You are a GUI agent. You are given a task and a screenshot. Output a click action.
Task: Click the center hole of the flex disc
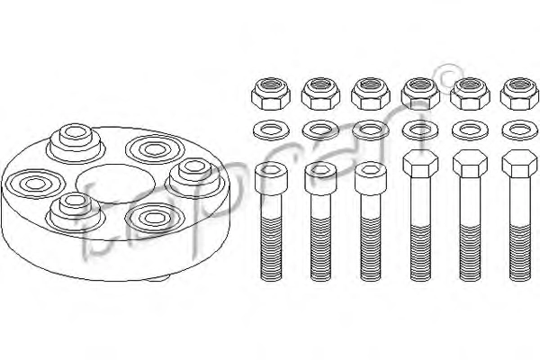pyautogui.click(x=115, y=184)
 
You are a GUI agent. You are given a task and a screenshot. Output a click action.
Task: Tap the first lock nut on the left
pyautogui.click(x=271, y=93)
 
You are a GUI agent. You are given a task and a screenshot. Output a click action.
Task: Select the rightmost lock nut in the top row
pyautogui.click(x=519, y=94)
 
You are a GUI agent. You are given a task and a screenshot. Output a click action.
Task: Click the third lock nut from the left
pyautogui.click(x=371, y=94)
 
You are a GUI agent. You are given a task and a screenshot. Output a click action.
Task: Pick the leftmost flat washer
pyautogui.click(x=271, y=130)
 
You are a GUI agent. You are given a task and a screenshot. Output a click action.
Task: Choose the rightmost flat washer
pyautogui.click(x=520, y=130)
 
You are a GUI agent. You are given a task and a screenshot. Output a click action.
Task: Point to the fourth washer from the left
pyautogui.click(x=420, y=130)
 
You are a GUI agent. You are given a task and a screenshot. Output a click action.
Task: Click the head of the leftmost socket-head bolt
pyautogui.click(x=271, y=178)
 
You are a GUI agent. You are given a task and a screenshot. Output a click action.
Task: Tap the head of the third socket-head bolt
pyautogui.click(x=371, y=178)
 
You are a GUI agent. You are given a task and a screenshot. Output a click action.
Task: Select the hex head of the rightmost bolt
pyautogui.click(x=520, y=164)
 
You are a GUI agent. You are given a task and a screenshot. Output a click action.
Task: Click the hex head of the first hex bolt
pyautogui.click(x=420, y=164)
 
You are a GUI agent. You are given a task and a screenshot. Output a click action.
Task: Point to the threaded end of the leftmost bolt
pyautogui.click(x=271, y=249)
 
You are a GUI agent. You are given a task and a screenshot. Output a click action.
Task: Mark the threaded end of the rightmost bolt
pyautogui.click(x=520, y=253)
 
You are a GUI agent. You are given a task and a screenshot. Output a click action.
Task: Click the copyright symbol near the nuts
pyautogui.click(x=450, y=78)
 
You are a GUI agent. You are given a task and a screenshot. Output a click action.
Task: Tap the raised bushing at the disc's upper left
pyautogui.click(x=76, y=143)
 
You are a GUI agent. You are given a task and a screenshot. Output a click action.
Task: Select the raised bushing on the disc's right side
pyautogui.click(x=195, y=177)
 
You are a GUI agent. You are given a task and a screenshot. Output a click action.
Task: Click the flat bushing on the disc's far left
pyautogui.click(x=35, y=184)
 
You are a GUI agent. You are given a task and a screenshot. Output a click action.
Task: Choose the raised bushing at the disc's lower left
pyautogui.click(x=75, y=211)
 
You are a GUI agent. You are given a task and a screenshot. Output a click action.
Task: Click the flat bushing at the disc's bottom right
pyautogui.click(x=154, y=218)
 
